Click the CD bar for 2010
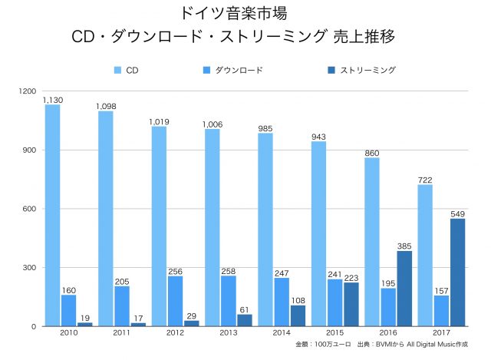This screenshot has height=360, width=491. pyautogui.click(x=52, y=215)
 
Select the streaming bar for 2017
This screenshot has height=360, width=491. pyautogui.click(x=457, y=272)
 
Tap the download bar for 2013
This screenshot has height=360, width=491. pyautogui.click(x=229, y=301)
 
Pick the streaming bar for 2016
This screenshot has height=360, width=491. pyautogui.click(x=404, y=289)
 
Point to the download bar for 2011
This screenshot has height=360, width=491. pyautogui.click(x=122, y=306)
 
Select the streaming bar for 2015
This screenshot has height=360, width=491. pyautogui.click(x=351, y=304)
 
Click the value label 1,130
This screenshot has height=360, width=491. pyautogui.click(x=52, y=100)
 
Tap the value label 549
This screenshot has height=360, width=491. pyautogui.click(x=458, y=213)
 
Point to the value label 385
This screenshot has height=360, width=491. pyautogui.click(x=404, y=246)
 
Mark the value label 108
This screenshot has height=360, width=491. pyautogui.click(x=298, y=300)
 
